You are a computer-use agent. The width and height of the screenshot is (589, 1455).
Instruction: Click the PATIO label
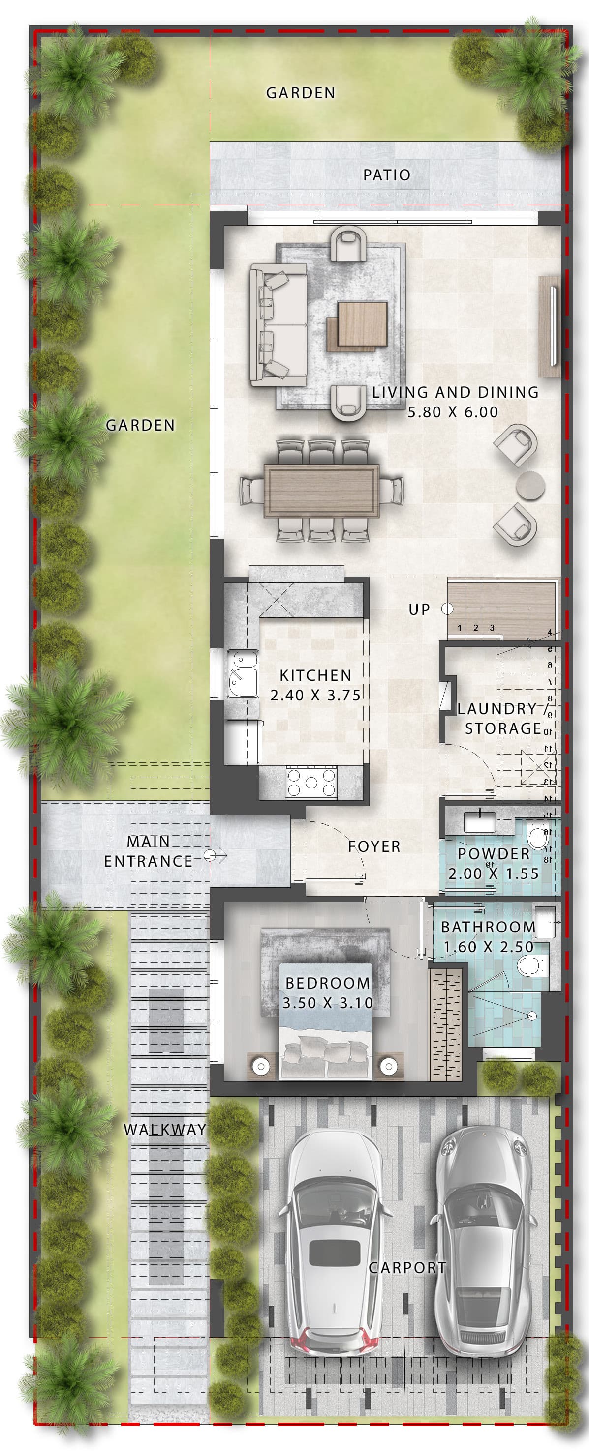point(387,175)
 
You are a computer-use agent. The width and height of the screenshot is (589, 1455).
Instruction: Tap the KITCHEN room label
point(315,675)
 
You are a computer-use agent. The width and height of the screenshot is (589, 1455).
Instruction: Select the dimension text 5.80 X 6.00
point(453,412)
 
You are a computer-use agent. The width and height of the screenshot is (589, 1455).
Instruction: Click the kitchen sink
point(243,674)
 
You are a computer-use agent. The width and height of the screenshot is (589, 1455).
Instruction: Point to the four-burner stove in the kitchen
point(311,782)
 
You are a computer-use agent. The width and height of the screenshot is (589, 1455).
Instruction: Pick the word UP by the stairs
point(419,610)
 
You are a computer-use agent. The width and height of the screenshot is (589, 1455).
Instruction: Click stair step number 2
point(476,628)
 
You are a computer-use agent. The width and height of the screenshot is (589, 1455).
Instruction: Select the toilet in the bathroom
point(532,965)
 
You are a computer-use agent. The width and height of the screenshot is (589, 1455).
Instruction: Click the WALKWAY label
point(164,1129)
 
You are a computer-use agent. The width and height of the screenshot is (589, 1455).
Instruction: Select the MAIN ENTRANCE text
point(148,851)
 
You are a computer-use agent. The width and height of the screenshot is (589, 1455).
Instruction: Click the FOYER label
point(374,846)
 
